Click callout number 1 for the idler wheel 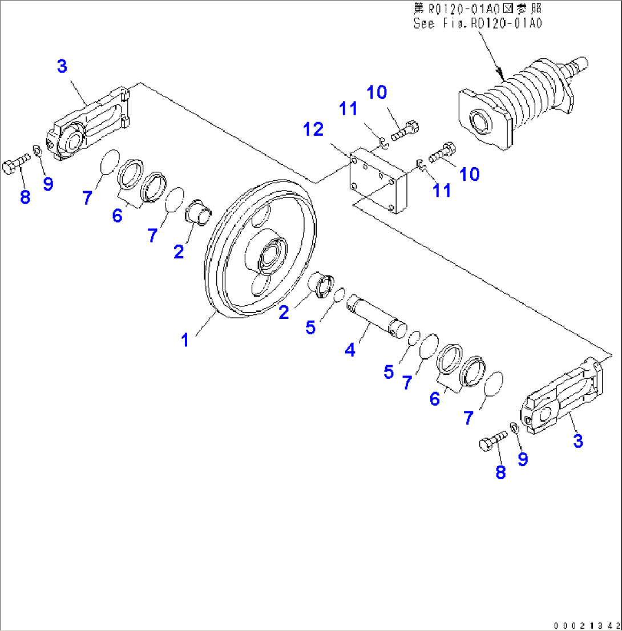(185, 340)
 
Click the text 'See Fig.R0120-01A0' (477, 23)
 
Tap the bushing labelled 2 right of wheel (323, 285)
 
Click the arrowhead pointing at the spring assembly (500, 74)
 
